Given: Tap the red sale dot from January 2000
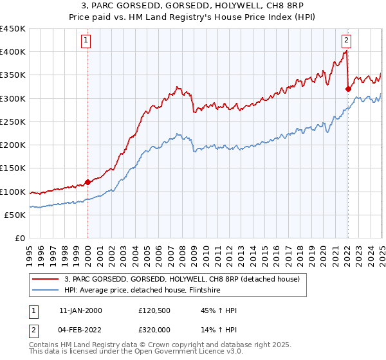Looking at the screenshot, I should (x=87, y=182).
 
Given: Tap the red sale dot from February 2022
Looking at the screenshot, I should (x=348, y=89).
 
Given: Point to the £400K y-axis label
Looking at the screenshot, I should (x=13, y=52).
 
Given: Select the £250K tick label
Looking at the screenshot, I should (x=13, y=122).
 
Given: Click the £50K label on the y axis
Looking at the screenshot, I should (x=15, y=215).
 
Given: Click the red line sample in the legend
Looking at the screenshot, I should (x=45, y=278).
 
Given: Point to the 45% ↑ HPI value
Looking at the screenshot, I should (x=210, y=310).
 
